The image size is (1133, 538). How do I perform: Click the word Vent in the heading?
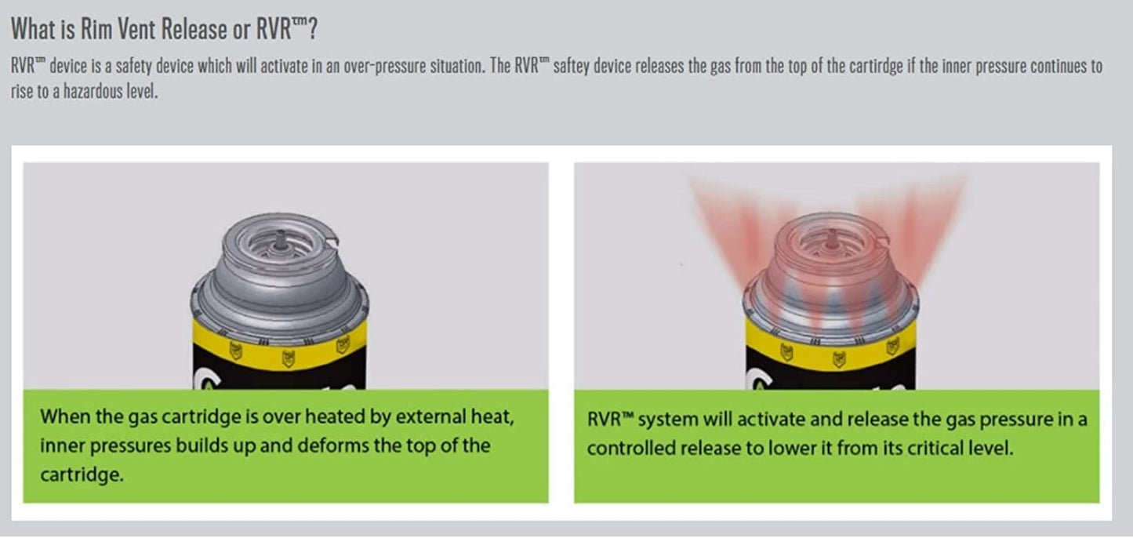(x=137, y=29)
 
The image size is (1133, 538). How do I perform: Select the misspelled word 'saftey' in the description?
(x=571, y=67)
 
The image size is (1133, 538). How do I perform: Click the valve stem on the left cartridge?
(x=281, y=239)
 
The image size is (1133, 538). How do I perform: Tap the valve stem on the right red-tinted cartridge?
(x=832, y=239)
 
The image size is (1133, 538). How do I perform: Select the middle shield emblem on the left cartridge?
(x=289, y=358)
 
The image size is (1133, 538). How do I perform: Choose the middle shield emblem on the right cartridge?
(x=839, y=359)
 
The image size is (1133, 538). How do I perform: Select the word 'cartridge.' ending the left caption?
(x=82, y=474)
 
